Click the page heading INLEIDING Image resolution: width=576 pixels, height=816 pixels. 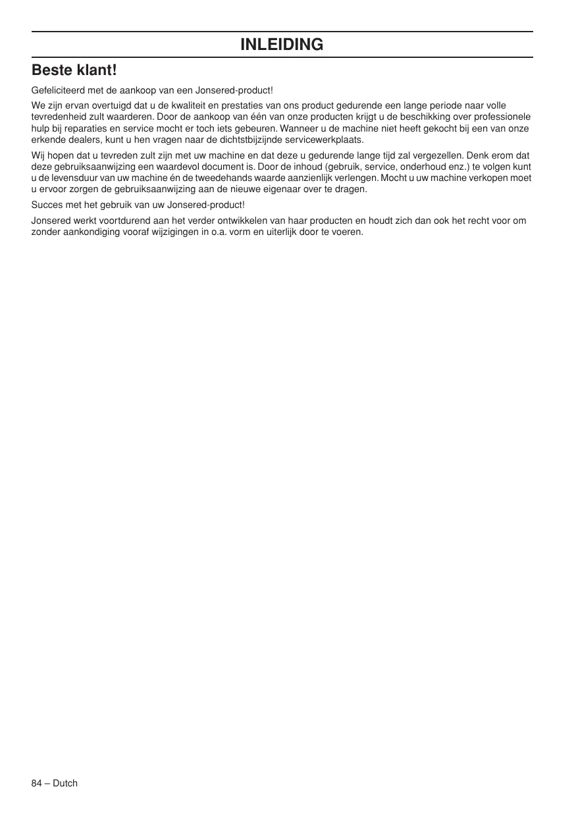click(282, 45)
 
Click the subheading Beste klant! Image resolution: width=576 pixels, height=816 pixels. click(74, 69)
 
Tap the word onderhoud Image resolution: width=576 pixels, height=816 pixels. click(428, 167)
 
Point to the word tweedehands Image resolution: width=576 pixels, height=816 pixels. click(233, 178)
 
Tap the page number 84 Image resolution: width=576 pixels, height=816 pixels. click(37, 783)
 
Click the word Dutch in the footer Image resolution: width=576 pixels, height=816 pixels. click(65, 783)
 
